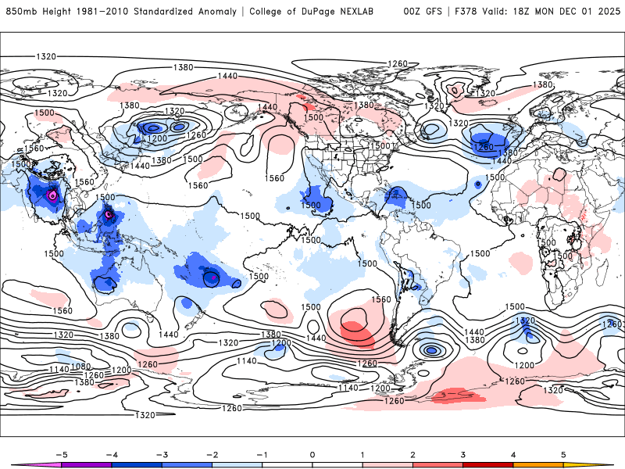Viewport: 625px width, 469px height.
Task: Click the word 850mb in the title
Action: coord(20,12)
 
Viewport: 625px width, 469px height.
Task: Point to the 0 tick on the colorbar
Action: coord(312,453)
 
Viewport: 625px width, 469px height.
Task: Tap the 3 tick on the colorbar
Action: coord(462,453)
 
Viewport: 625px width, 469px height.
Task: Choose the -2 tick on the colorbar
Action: coord(211,453)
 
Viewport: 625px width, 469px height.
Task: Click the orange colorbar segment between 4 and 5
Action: coord(537,465)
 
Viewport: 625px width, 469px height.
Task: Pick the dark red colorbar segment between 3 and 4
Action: coord(487,465)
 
